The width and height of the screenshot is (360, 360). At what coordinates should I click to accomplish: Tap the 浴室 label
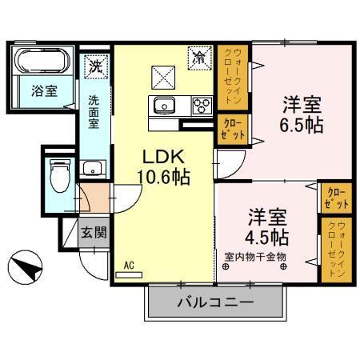pos(44,90)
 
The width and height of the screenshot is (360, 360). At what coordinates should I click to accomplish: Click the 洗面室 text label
pos(95,112)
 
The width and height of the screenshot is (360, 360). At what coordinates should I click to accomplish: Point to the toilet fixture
pos(61,174)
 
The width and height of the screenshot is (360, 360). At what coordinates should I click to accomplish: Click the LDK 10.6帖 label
pos(166,167)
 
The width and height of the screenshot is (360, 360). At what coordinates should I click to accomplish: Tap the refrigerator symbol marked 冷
pos(198,58)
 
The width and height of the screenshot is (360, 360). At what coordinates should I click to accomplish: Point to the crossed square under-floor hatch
pos(163,78)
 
